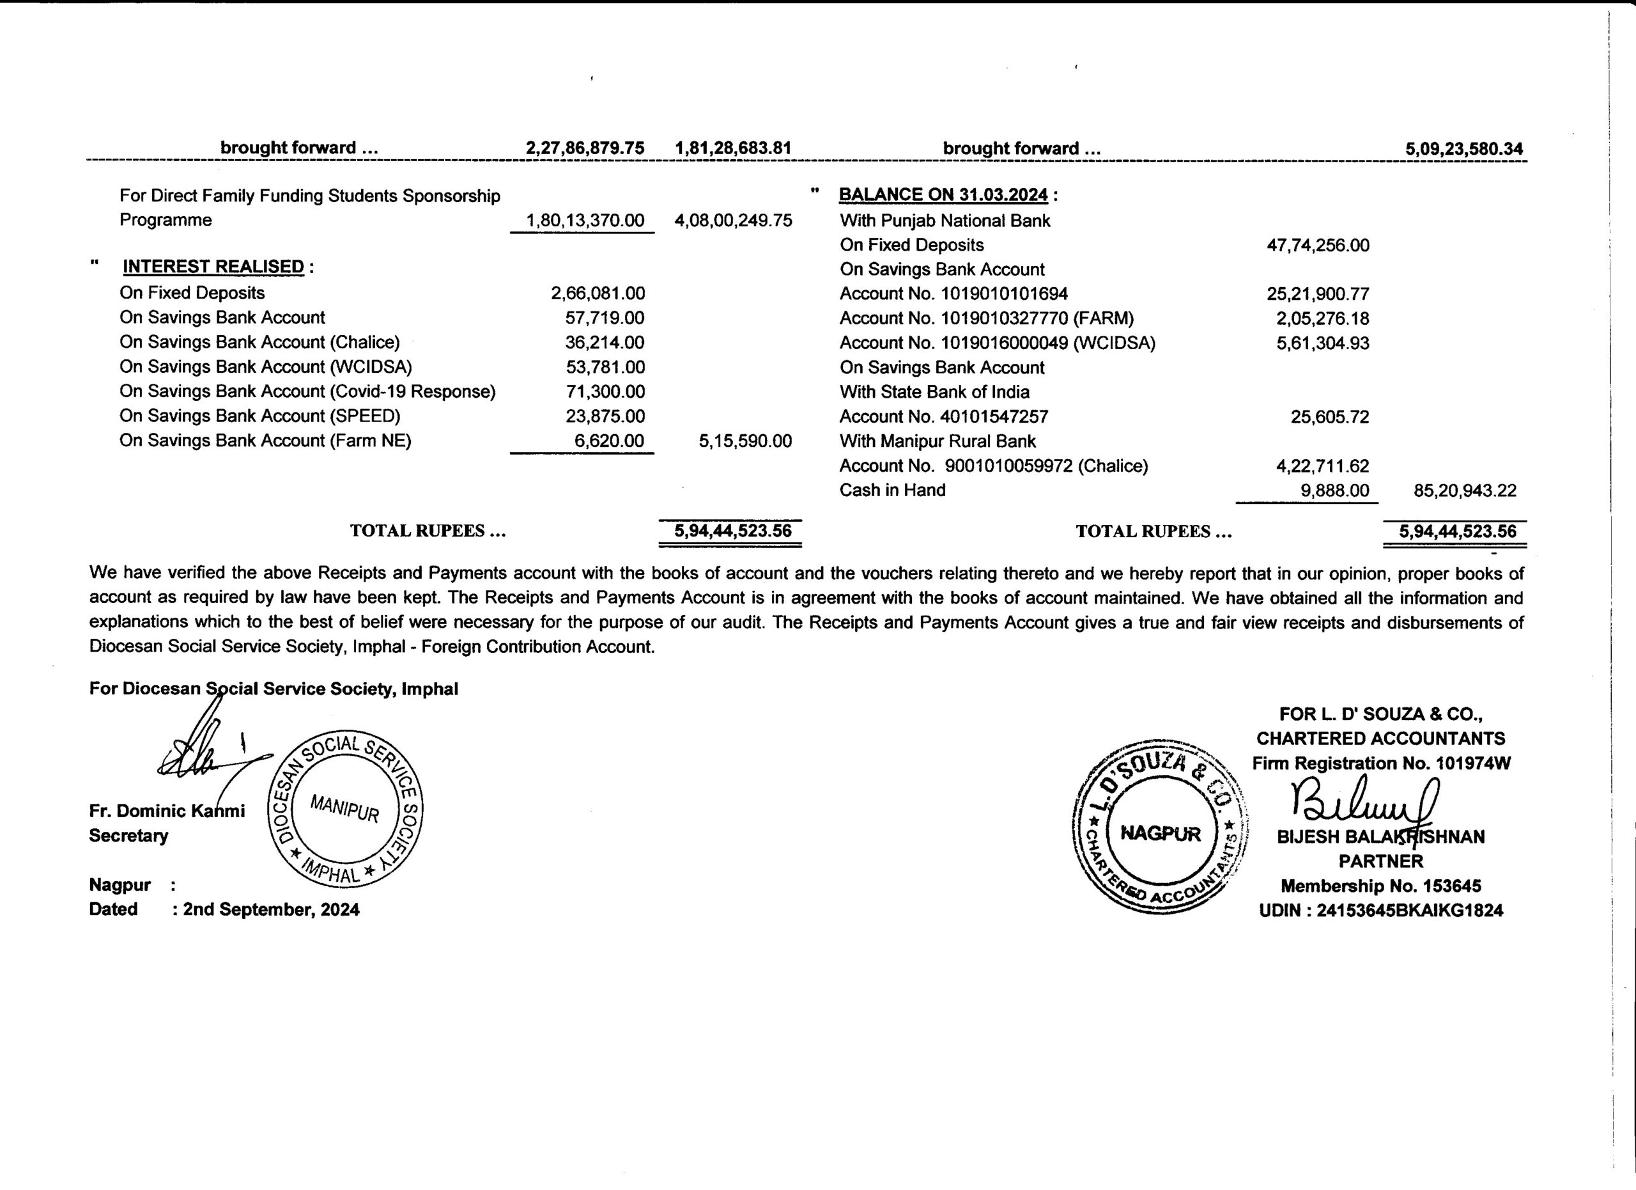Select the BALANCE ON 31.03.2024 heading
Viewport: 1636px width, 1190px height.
[943, 195]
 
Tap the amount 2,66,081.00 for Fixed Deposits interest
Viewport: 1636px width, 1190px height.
[598, 293]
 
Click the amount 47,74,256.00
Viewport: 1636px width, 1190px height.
[1317, 246]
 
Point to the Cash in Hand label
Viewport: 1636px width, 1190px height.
[891, 490]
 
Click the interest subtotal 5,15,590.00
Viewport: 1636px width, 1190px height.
[745, 441]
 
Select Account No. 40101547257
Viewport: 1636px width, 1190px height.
[943, 417]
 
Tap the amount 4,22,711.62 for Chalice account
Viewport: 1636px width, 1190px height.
[1322, 466]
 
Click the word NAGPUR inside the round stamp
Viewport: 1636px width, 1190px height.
[1160, 834]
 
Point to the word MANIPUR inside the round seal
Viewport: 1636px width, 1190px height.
[345, 808]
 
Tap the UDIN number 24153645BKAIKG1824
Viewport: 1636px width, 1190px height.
[1408, 911]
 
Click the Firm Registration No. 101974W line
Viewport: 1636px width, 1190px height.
[1380, 763]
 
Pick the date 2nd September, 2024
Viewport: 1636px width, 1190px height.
[270, 909]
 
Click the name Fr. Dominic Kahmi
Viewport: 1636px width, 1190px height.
[167, 811]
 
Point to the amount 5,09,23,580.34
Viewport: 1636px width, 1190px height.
[1463, 150]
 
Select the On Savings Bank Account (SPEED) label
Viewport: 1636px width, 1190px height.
[259, 416]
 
